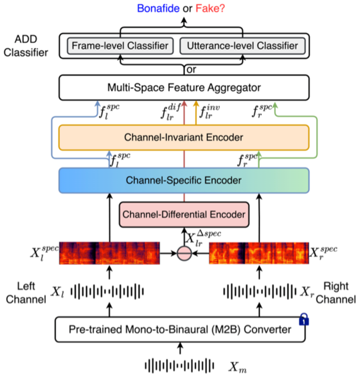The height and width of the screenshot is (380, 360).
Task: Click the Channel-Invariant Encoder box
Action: tap(184, 138)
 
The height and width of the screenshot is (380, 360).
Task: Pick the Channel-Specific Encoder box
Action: tap(184, 180)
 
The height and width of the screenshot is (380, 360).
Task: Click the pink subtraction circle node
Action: tap(184, 254)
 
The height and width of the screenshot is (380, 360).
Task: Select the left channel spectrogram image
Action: tap(109, 254)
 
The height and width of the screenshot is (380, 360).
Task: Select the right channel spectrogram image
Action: tap(259, 254)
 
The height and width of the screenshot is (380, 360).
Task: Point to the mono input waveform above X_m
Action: tap(180, 365)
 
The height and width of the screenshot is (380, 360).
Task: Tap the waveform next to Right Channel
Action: tap(259, 291)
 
